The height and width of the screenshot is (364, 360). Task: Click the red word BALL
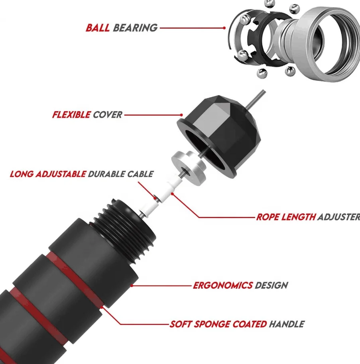coord(98,28)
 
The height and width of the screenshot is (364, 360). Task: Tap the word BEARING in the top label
coord(135,28)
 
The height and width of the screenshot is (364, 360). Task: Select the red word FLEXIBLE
coord(71,115)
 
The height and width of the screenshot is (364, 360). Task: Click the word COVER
coord(107,115)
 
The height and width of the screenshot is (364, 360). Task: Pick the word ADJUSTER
coord(339,217)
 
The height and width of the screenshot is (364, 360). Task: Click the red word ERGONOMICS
coord(222,285)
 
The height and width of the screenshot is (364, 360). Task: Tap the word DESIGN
coord(271,285)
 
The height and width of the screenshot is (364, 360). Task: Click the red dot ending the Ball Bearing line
coord(225,28)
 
